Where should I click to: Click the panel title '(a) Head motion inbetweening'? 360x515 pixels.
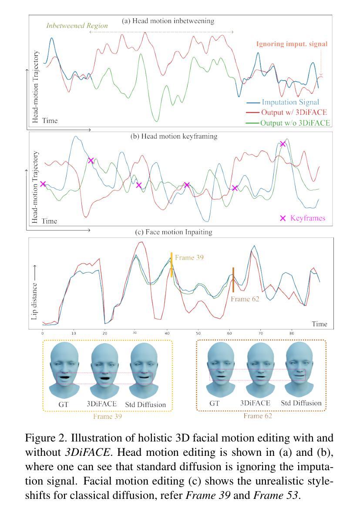168,21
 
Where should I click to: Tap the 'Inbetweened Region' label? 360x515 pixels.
77,26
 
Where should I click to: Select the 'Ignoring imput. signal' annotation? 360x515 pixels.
292,44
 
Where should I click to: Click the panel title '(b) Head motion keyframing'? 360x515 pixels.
174,136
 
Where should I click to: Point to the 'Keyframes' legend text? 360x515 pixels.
307,218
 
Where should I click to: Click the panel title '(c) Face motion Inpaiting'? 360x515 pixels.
174,232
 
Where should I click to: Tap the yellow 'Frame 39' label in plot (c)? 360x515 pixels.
189,257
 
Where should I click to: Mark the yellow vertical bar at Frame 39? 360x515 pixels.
172,264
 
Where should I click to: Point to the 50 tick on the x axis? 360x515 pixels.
198,333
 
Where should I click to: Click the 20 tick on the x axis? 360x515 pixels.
104,333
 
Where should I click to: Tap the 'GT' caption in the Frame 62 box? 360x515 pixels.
214,403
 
